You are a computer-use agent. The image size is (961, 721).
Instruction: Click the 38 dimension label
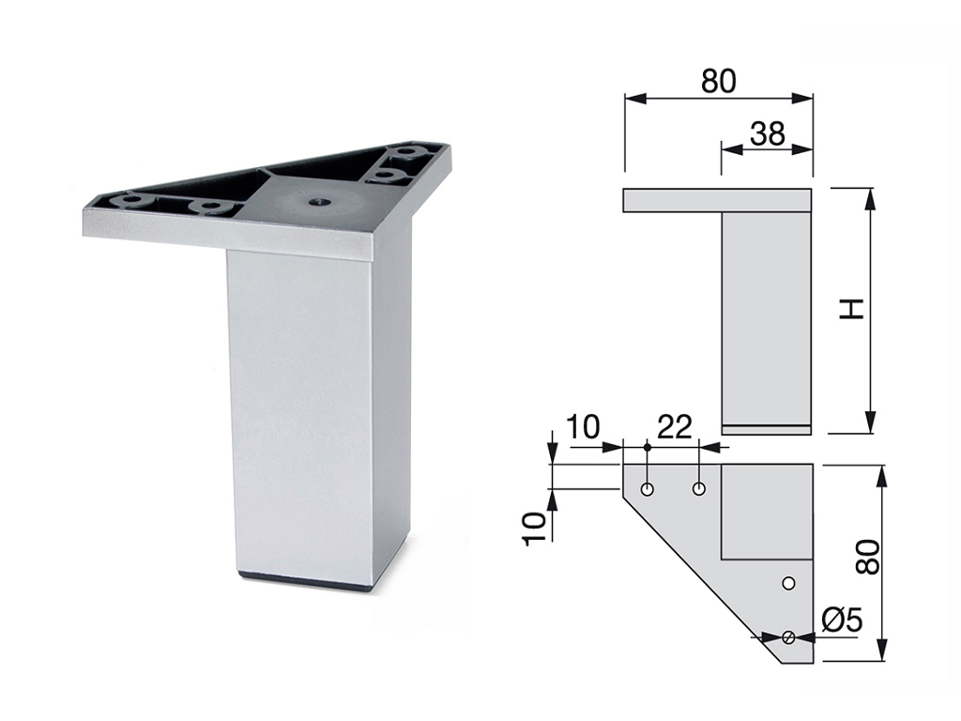pos(767,132)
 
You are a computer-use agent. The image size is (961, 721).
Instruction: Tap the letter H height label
pos(851,309)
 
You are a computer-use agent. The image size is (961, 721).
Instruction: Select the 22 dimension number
pos(674,426)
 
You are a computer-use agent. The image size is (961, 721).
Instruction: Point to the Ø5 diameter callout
pos(841,621)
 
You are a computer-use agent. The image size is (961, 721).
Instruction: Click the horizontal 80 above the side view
pos(718,81)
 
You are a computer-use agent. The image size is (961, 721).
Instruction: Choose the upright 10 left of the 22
pos(582,427)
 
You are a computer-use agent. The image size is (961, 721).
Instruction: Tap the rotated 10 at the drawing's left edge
pos(534,528)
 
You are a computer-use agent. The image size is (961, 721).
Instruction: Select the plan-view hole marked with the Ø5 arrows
pos(788,637)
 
